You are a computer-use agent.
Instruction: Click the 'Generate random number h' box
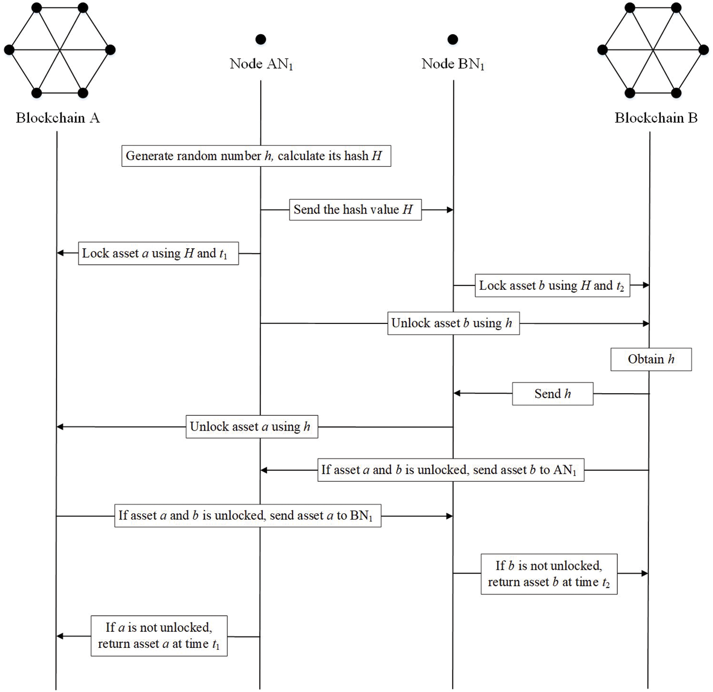click(x=256, y=156)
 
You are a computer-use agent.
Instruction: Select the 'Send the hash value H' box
click(x=355, y=209)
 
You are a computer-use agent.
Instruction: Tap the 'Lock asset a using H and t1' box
click(x=158, y=253)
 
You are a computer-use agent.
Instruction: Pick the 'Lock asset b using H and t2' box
click(x=552, y=286)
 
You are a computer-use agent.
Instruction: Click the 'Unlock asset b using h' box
click(x=453, y=323)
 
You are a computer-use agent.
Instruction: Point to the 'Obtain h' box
click(x=651, y=359)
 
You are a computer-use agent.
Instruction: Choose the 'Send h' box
click(x=552, y=394)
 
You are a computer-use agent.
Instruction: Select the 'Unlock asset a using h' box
click(x=252, y=427)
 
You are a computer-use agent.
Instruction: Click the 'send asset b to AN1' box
click(x=451, y=470)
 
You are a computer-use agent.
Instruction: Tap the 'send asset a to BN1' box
click(x=247, y=515)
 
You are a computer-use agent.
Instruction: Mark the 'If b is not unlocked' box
click(x=549, y=574)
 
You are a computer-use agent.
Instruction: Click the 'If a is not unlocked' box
click(x=159, y=636)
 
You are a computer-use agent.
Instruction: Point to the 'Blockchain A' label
click(x=58, y=118)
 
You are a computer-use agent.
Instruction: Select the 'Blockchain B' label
click(x=656, y=118)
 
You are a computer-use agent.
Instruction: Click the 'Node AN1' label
click(x=261, y=64)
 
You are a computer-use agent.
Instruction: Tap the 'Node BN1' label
click(x=453, y=64)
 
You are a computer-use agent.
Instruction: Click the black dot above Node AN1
click(x=261, y=39)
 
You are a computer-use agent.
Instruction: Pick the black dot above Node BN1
click(x=453, y=39)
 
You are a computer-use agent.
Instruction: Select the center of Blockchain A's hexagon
click(x=60, y=50)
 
